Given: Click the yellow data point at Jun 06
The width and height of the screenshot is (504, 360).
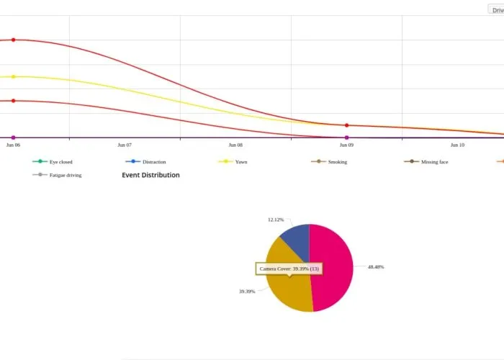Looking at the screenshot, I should (13, 76).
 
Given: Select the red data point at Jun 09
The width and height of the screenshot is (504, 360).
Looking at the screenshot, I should (347, 125).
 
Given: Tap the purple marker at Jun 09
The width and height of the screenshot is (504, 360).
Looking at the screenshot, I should (347, 138).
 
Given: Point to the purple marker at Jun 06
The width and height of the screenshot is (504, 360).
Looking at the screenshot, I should (13, 138).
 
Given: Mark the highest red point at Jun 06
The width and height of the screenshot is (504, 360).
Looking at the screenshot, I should (13, 40).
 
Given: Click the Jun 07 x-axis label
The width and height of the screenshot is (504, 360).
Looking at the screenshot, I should (125, 145).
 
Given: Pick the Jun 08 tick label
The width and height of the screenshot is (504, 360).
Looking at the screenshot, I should (235, 145).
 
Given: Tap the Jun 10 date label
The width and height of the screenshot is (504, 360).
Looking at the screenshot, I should (457, 145).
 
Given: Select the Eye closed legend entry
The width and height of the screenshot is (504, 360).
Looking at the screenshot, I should (60, 162).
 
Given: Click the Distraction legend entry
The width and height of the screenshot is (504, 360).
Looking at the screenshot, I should (153, 162).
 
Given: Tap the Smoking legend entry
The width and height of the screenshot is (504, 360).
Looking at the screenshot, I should (337, 162).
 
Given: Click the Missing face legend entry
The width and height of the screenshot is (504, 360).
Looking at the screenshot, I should (434, 162).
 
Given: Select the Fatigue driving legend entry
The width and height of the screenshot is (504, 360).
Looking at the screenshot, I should (65, 175).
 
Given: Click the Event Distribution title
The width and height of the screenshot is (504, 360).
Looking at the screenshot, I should (150, 175).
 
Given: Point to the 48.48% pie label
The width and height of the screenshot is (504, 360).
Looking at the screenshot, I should (376, 267).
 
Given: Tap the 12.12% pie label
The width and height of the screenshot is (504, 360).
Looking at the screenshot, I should (275, 220).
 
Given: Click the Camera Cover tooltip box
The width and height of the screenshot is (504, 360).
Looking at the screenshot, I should (289, 269).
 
